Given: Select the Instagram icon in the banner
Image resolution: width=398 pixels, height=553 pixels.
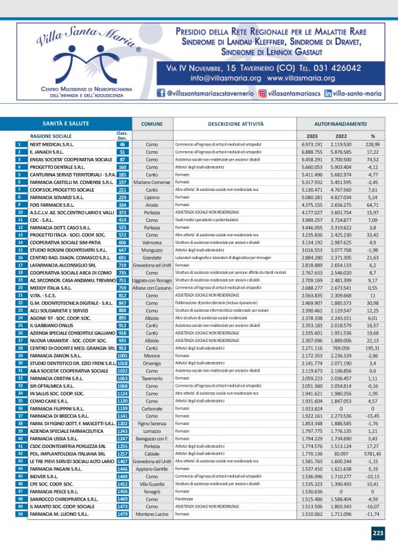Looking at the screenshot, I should coord(262,91).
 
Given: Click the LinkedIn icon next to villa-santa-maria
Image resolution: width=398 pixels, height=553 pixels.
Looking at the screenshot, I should coord(329,91).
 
